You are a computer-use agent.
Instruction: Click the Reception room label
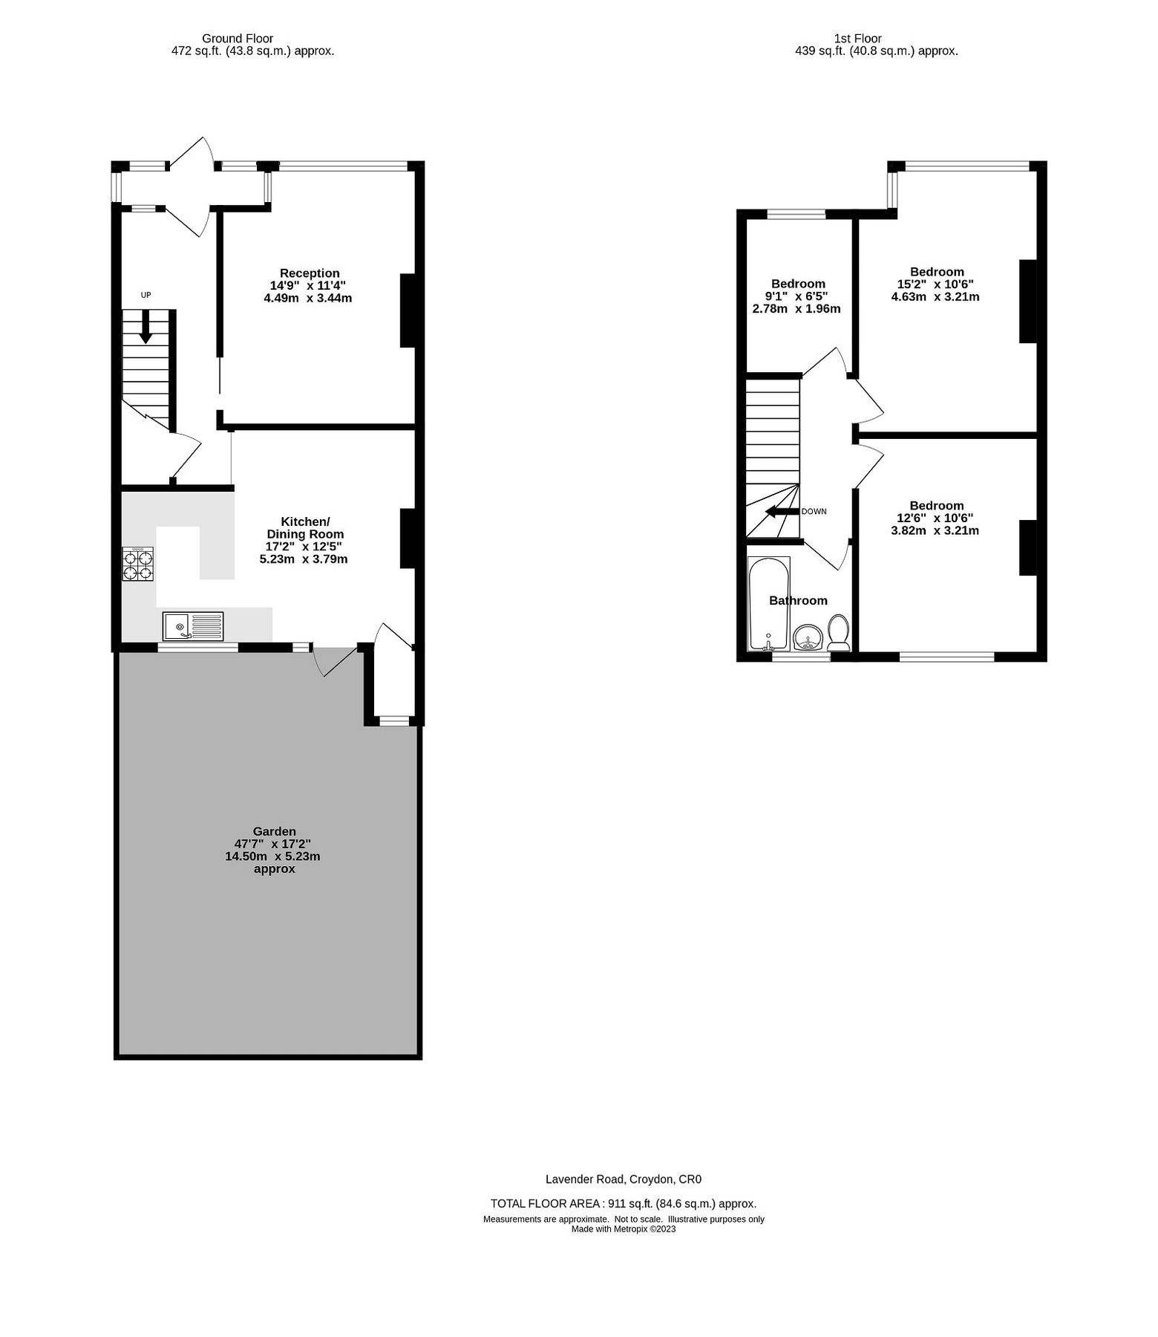[x=310, y=273]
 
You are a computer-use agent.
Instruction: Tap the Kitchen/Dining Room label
[x=305, y=527]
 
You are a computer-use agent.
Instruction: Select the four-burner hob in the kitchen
[x=138, y=565]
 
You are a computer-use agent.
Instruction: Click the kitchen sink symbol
[x=193, y=626]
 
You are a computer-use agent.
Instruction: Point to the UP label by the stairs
[x=145, y=295]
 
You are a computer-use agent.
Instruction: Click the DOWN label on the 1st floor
[x=814, y=512]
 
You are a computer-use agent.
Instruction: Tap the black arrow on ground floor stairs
[x=145, y=327]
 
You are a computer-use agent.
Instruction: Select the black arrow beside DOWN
[x=782, y=512]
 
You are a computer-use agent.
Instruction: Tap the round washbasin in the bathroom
[x=807, y=637]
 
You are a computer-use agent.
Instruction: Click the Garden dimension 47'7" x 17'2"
[x=272, y=844]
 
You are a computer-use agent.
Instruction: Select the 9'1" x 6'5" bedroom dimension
[x=796, y=296]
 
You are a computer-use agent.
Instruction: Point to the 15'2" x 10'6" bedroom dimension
[x=935, y=284]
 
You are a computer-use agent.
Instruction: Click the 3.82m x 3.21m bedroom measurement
[x=935, y=530]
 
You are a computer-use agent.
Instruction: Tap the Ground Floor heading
[x=238, y=39]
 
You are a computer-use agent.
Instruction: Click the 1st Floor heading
[x=857, y=39]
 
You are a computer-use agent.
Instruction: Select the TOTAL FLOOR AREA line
[x=624, y=1204]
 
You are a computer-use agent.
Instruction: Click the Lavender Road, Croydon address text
[x=624, y=1179]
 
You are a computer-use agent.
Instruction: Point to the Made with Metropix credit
[x=624, y=1229]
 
